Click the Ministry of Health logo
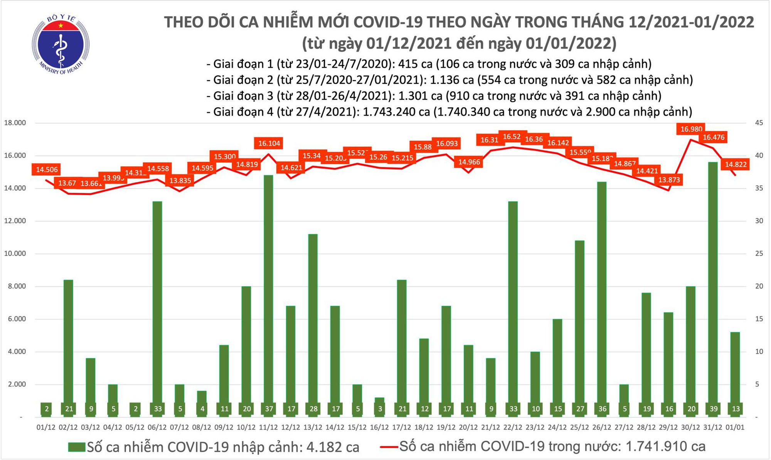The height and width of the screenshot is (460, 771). point(61,45)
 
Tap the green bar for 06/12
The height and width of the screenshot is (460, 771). point(157,308)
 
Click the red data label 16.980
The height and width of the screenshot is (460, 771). point(691,129)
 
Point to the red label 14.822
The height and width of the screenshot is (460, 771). point(736,165)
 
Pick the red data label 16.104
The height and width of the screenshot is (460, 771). point(269,143)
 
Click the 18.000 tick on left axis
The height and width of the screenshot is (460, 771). point(15,123)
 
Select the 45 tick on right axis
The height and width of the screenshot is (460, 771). point(759,123)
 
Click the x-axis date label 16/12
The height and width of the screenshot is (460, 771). point(379,428)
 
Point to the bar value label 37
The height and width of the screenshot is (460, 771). point(269,409)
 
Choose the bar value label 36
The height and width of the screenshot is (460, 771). point(602,409)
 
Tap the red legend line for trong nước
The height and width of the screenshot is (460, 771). point(389,447)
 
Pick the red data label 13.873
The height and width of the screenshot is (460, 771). point(669,180)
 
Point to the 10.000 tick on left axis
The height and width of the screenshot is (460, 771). point(15,254)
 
